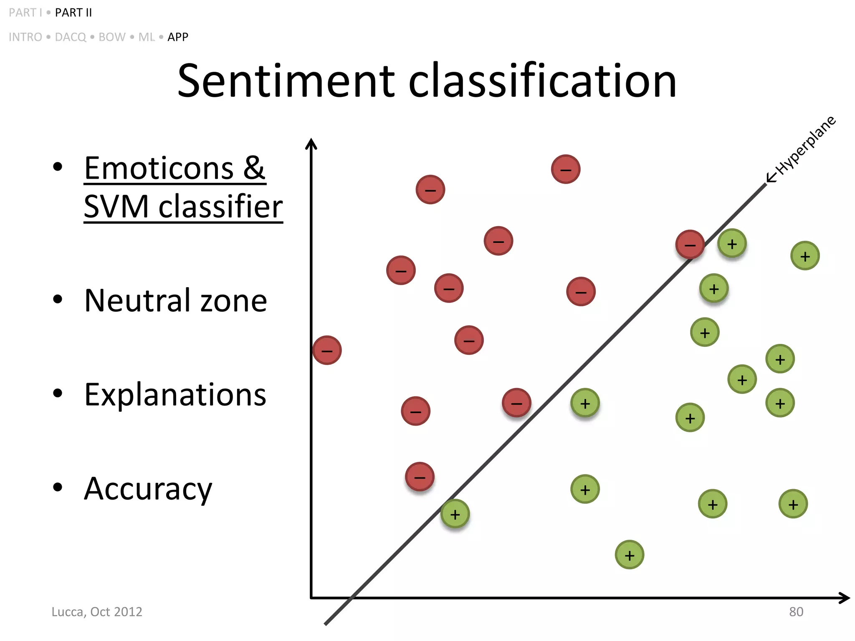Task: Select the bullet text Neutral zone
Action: [175, 300]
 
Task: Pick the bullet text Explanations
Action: [175, 395]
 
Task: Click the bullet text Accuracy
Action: [148, 489]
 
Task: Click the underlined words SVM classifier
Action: [183, 206]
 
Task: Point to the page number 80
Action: [796, 612]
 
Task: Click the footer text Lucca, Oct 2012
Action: [97, 612]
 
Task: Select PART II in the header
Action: [73, 13]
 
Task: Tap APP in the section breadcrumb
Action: [178, 37]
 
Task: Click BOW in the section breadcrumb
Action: [112, 37]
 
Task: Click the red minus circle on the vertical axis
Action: [327, 350]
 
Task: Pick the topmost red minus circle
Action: [566, 169]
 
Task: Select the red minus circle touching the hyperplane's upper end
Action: [690, 245]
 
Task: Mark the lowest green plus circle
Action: [630, 555]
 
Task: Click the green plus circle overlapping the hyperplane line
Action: [455, 514]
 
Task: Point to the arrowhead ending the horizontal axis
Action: [845, 598]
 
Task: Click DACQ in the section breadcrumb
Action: [71, 37]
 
